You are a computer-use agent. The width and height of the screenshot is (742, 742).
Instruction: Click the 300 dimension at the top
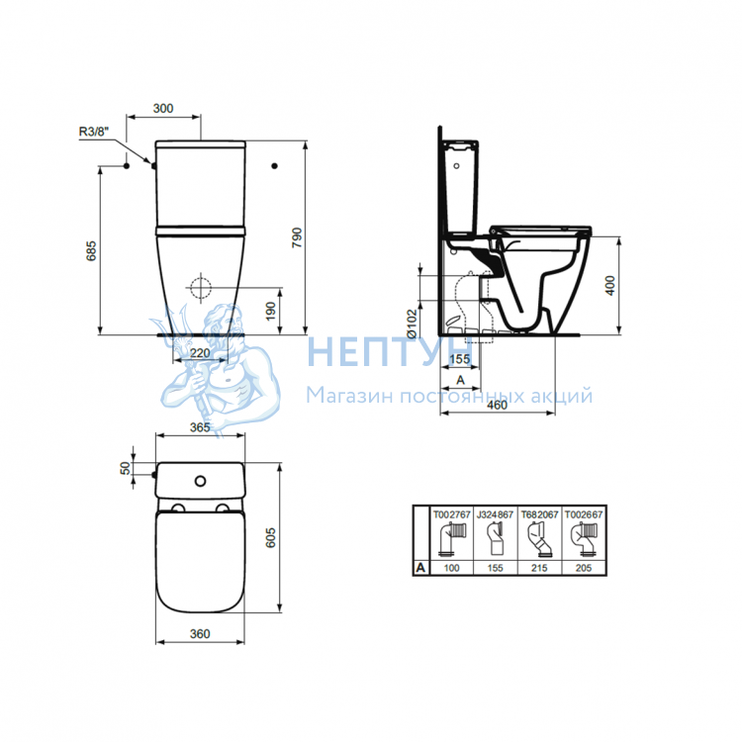163,109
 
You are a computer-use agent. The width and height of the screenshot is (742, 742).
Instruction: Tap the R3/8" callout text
94,132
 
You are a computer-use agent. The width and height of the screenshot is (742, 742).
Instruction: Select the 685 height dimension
91,251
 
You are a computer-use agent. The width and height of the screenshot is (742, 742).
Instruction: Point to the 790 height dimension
297,237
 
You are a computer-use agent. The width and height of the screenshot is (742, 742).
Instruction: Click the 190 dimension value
271,311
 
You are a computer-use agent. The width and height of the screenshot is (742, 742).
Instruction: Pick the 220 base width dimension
200,353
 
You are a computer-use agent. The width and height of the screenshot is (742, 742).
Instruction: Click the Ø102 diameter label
412,324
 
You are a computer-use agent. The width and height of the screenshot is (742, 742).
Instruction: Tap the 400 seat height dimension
610,286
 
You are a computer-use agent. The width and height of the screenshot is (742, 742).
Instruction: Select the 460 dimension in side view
497,405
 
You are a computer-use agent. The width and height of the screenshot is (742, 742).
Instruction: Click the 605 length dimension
271,538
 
